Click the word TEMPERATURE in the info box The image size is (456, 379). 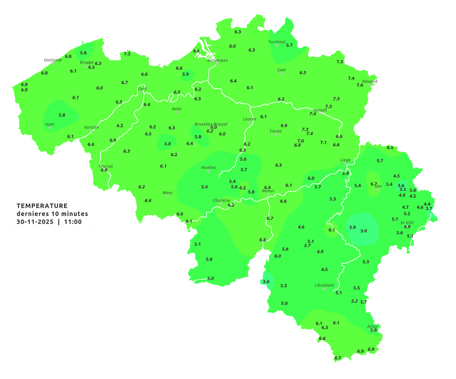pos(42,206)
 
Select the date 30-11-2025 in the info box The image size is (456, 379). pos(35,222)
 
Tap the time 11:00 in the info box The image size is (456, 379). pos(73,222)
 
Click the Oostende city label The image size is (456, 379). pos(53,60)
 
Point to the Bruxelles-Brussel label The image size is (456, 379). pos(211,124)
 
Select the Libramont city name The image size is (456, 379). pos(324,285)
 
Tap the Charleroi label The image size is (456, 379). pos(221,200)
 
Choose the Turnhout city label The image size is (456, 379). pos(277,42)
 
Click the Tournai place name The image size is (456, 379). pos(106,166)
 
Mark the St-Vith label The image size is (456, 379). pos(407,223)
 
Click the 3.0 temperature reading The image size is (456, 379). pos(364,231)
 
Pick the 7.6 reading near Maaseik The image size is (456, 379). pos(360,85)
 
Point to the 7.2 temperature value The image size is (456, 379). pos(127,54)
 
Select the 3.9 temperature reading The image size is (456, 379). pos(352,227)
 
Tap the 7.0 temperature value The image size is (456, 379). pos(300,141)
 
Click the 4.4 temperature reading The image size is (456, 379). pos(427,204)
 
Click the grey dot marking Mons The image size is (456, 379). pos(167,196)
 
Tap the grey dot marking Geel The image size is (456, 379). pos(281,73)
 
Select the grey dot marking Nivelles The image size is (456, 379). pos(208,171)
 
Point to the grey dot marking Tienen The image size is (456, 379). pos(276,135)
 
